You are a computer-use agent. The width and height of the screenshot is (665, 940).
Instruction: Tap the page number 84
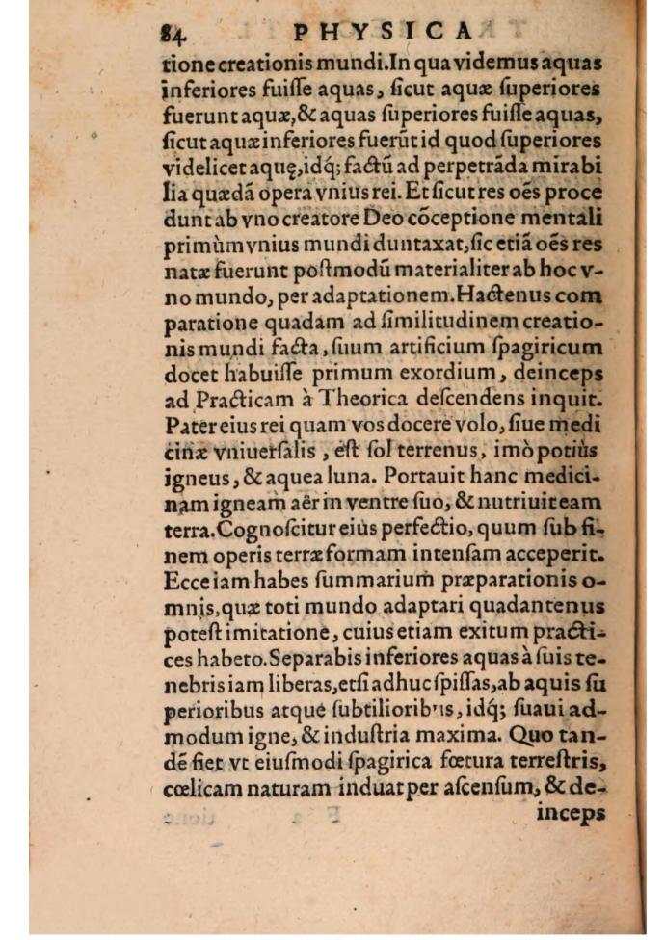pos(175,35)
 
